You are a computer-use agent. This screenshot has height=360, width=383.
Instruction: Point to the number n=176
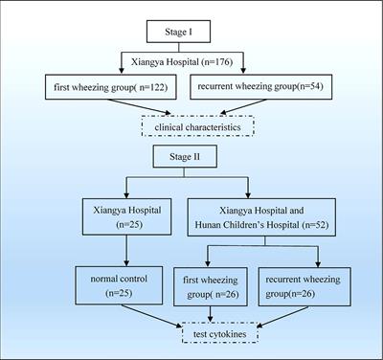(x=226, y=62)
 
